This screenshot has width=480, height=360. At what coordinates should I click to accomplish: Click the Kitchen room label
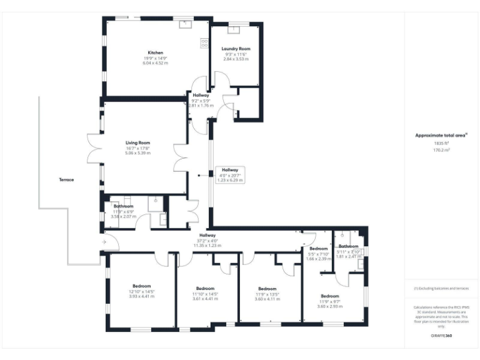coord(155,52)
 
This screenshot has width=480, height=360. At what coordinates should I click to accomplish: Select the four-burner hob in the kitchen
coord(204,43)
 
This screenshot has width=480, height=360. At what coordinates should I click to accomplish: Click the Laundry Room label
coord(236,49)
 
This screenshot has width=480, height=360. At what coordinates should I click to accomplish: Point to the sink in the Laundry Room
coord(236,27)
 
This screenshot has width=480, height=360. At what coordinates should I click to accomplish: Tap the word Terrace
coord(66,179)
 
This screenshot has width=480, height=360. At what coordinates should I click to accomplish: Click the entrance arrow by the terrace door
coord(104,241)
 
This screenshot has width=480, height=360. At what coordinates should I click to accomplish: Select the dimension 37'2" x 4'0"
coord(207,240)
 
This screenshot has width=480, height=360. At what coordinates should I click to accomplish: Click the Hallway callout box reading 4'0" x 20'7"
coord(228,174)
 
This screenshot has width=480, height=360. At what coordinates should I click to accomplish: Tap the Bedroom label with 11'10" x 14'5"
coord(205,289)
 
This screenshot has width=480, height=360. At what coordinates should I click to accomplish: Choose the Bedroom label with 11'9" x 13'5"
coord(267,289)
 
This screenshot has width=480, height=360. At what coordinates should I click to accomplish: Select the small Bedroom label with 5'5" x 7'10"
coord(318,249)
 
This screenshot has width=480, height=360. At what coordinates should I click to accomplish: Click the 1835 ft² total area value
coord(441,142)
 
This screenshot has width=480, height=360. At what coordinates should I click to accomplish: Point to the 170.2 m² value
coord(441,150)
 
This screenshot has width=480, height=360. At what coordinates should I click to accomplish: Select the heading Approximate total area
coord(441,135)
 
